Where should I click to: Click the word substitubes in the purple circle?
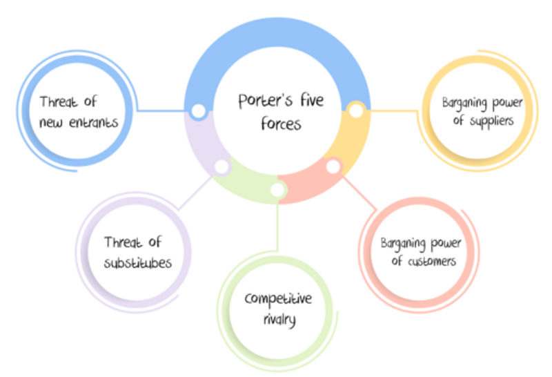tap(138, 263)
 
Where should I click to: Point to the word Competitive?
tap(278, 299)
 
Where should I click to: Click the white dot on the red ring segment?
tap(333, 166)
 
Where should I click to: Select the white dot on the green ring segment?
tap(277, 189)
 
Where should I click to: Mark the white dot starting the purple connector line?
tap(221, 167)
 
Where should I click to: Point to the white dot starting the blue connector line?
tap(198, 110)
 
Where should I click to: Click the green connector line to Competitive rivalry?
tap(277, 228)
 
